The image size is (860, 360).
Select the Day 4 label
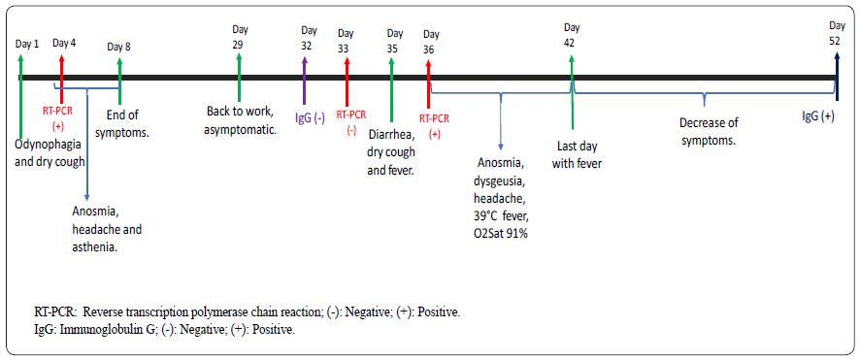tap(64, 43)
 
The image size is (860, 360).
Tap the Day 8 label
tap(118, 47)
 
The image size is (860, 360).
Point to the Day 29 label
tap(238, 38)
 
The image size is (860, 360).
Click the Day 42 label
tap(572, 35)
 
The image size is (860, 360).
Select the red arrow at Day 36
tap(428, 78)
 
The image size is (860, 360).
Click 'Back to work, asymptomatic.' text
tap(242, 120)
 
